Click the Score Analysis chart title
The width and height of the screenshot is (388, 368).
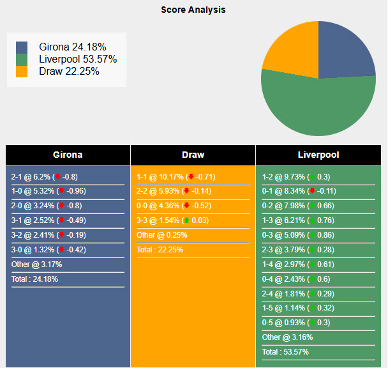coord(193,10)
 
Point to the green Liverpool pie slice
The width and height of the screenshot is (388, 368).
coord(319,105)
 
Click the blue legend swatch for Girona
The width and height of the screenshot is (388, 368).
coord(22,47)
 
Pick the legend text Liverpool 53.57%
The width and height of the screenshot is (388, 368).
coord(78,59)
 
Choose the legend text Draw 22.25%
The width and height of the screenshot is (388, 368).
coord(69,72)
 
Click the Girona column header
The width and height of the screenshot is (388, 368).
coord(68,155)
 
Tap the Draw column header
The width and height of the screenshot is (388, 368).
coord(193,155)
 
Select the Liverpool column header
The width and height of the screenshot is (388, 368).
coord(318,155)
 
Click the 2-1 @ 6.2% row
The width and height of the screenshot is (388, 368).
coord(45,177)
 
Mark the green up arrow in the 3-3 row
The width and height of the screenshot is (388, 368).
coord(186,220)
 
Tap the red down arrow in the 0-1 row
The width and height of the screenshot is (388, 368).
coord(311,191)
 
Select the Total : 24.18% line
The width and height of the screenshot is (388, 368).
coord(34,279)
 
